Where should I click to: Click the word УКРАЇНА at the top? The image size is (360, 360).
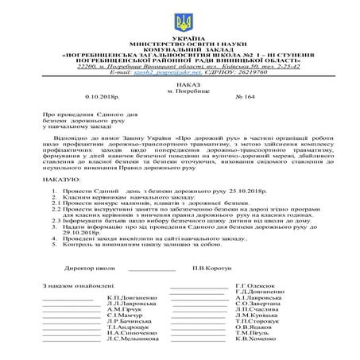[x=180, y=37]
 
